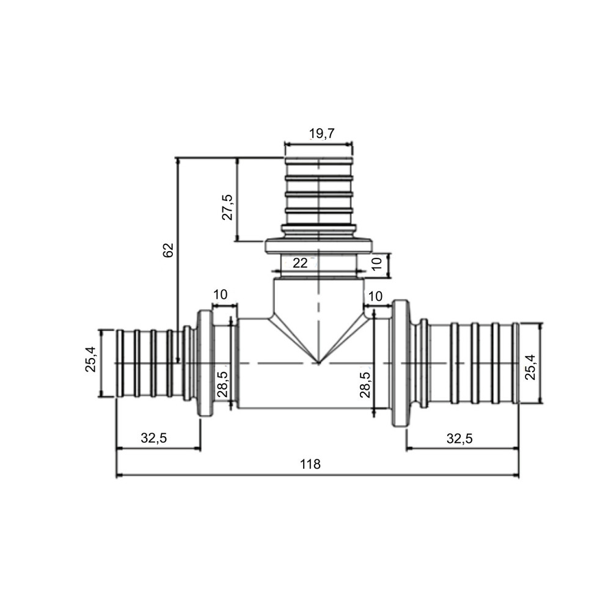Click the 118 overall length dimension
(310, 464)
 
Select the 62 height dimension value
(169, 250)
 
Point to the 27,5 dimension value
(227, 208)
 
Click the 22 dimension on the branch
(300, 263)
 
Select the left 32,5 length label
(154, 437)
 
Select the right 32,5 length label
(459, 437)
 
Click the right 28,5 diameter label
(365, 385)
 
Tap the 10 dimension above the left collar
(224, 295)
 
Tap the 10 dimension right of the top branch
(377, 263)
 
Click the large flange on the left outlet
(205, 364)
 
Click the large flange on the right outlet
(400, 364)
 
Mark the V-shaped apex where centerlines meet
(318, 363)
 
